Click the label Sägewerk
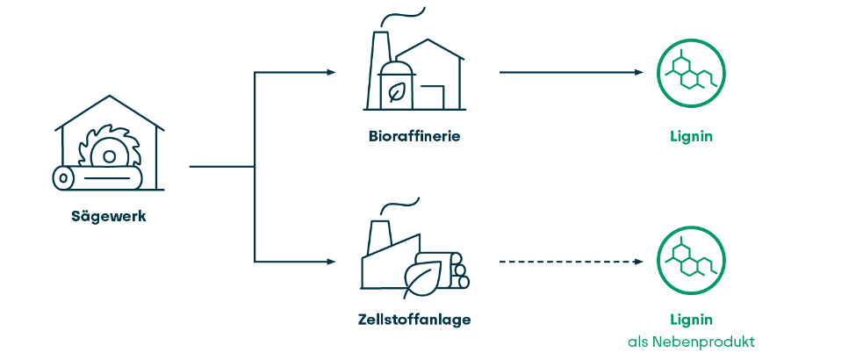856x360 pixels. (x=108, y=216)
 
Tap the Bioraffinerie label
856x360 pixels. (x=414, y=136)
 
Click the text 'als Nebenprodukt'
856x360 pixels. (x=691, y=342)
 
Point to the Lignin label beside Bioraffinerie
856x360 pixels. (x=690, y=136)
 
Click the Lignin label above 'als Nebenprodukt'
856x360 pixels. (x=690, y=320)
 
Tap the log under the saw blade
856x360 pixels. (x=97, y=178)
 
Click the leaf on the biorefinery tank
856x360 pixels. (x=397, y=91)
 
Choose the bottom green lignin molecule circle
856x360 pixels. (x=691, y=261)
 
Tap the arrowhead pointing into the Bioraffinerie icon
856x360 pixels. (x=331, y=72)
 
